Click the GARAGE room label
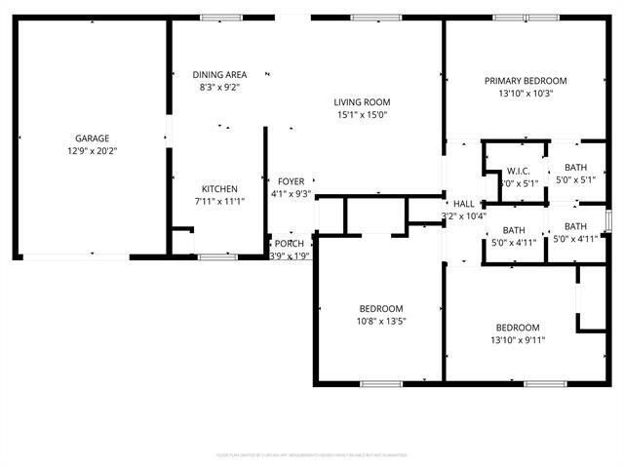93,138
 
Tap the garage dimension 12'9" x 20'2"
93,151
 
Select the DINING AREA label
219,75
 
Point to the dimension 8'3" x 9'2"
219,88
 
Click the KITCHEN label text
219,189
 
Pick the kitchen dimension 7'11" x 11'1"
219,202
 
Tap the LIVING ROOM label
362,102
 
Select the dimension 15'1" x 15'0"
362,115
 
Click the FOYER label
291,181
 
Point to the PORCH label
289,244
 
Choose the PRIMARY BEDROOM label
526,81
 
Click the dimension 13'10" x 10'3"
526,94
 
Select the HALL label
463,204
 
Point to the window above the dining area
215,17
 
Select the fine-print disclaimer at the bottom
312,454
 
